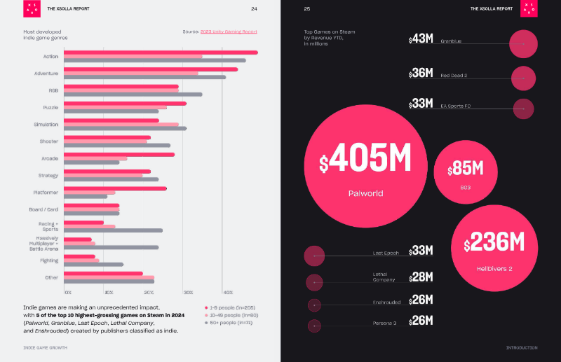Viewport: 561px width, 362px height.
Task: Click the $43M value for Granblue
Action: pos(421,39)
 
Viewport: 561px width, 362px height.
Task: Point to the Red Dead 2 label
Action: pos(454,75)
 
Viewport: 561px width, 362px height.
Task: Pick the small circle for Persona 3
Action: pos(314,325)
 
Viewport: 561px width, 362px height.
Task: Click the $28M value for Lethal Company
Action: pos(421,277)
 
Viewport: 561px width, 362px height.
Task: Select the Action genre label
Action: pos(50,57)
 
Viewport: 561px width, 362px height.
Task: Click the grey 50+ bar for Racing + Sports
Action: pos(114,230)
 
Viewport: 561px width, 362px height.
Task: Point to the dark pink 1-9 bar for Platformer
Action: pos(116,188)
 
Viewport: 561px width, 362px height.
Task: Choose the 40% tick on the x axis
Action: pos(227,292)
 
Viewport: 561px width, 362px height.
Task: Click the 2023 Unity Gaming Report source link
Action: pos(229,32)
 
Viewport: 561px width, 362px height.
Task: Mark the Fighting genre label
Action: pos(49,260)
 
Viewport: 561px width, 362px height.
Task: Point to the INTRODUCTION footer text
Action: pos(522,347)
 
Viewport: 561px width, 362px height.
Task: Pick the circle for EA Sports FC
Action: pos(524,109)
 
